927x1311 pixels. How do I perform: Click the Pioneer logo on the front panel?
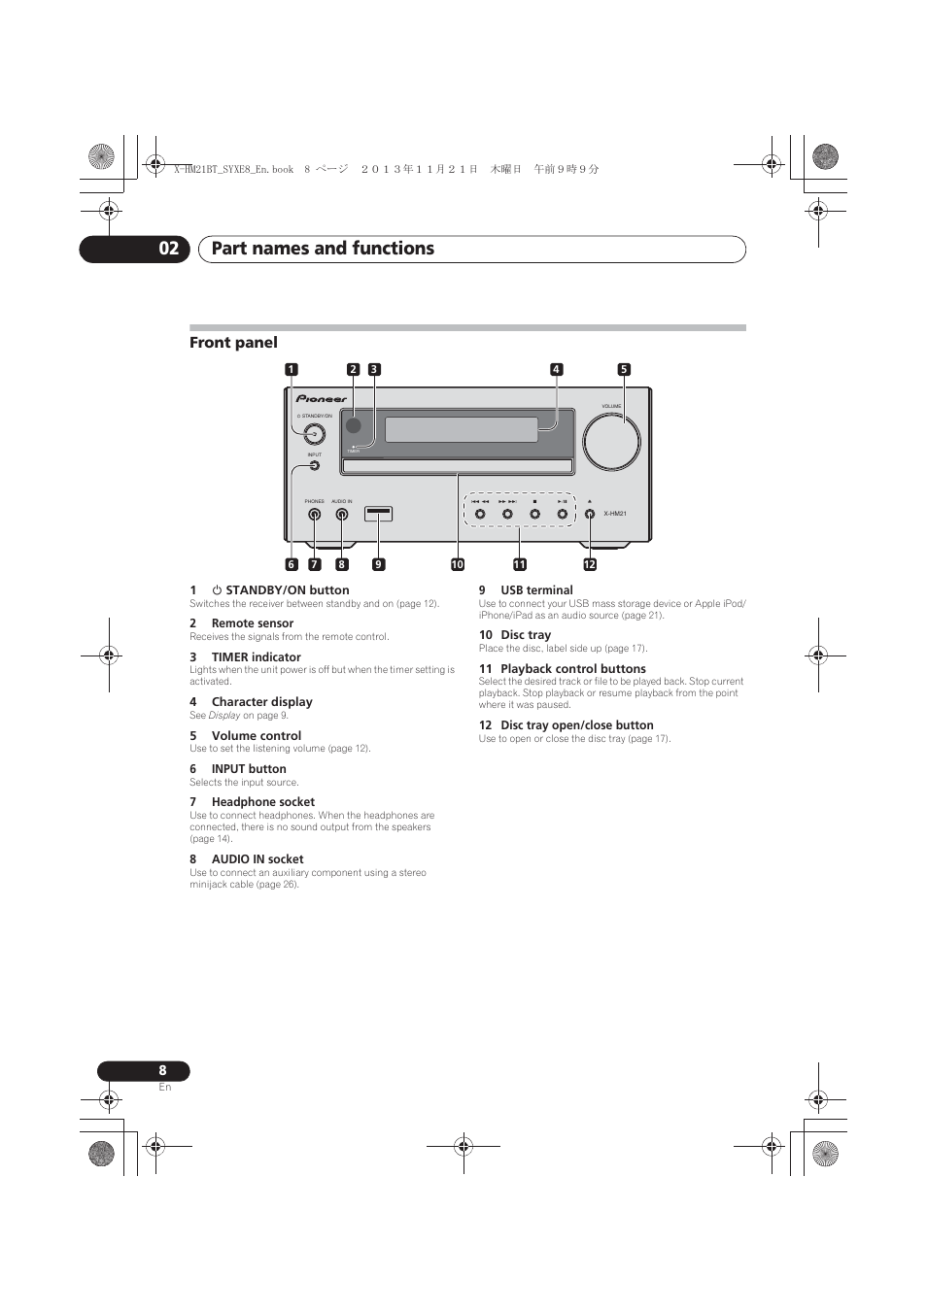(x=322, y=398)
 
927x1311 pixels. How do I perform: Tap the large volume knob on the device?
(x=611, y=441)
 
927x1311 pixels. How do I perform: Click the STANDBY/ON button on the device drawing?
(x=313, y=434)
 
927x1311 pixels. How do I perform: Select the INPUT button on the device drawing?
(x=315, y=465)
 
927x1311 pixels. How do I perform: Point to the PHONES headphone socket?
(x=315, y=515)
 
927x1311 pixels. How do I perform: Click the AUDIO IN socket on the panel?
(x=342, y=515)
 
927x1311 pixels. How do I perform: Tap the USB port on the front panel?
(x=378, y=514)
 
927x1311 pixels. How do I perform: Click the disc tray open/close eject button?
(x=590, y=514)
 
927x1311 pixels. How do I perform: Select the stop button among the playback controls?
(x=534, y=514)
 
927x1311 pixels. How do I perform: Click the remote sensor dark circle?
(x=354, y=425)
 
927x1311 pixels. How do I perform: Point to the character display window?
(x=462, y=429)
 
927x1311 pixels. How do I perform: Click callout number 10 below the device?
(x=457, y=564)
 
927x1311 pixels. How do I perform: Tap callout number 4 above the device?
(x=556, y=369)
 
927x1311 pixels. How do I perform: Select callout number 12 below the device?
(x=590, y=564)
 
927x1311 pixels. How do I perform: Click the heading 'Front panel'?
(x=233, y=342)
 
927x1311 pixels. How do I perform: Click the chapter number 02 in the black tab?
(x=169, y=249)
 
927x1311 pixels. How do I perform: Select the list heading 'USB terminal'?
(x=536, y=589)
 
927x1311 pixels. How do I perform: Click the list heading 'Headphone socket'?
(x=262, y=802)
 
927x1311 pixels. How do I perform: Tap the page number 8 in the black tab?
(x=163, y=1070)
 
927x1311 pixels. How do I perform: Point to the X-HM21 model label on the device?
(x=615, y=514)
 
